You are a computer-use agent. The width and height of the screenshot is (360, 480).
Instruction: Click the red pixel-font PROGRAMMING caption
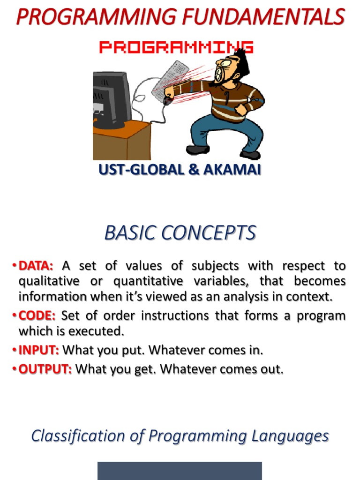(176, 47)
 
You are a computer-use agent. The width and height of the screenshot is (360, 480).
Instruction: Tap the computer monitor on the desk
(111, 98)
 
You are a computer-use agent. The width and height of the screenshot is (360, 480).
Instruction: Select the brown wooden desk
(122, 141)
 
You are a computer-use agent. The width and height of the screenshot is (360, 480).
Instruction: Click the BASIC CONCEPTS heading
(180, 233)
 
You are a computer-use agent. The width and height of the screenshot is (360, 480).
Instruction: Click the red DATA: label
(36, 266)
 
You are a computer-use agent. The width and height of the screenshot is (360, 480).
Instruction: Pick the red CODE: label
(37, 315)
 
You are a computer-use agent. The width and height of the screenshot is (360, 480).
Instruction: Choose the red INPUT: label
(39, 350)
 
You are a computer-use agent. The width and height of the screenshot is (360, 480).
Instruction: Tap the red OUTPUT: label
(45, 369)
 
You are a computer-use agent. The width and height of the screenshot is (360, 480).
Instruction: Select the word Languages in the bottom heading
(290, 436)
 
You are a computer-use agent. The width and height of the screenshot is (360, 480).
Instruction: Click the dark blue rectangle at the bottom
(180, 471)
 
